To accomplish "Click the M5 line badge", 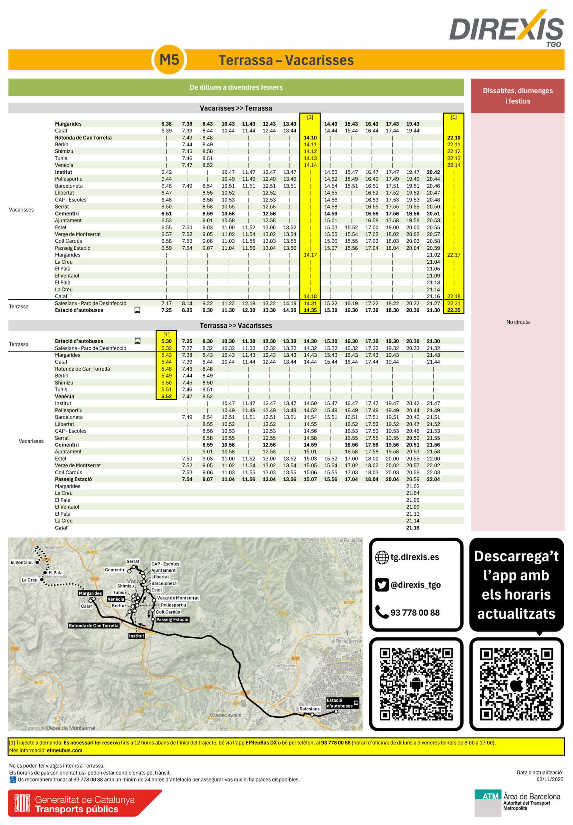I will (x=169, y=60).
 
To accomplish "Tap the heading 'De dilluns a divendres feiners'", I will (x=236, y=87).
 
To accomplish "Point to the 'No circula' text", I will (x=518, y=322).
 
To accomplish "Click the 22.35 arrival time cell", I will (x=454, y=310).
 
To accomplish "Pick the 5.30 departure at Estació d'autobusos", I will (x=166, y=341).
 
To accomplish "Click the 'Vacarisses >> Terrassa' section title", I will (x=236, y=108).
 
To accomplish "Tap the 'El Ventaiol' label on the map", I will (x=22, y=562).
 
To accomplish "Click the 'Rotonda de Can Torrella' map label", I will (x=93, y=625).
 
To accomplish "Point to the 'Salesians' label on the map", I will (x=309, y=709).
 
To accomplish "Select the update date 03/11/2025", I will (x=550, y=779).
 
